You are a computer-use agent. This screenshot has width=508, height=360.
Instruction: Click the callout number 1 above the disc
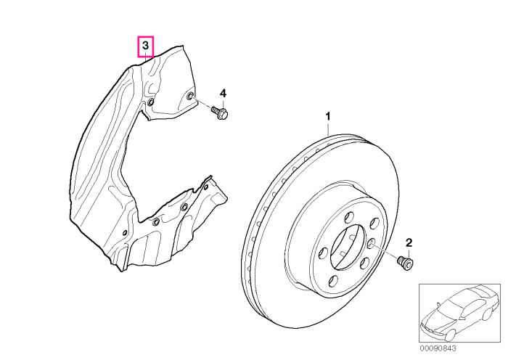coord(328,116)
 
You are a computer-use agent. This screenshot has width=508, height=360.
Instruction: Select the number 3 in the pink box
coord(145,46)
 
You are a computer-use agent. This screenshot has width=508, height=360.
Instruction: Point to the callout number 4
coord(223,94)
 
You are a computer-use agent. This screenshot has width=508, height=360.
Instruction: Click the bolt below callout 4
coord(220,112)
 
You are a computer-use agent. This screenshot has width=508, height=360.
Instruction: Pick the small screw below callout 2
coord(406,262)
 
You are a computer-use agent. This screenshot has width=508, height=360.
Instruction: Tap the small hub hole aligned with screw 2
coord(372,242)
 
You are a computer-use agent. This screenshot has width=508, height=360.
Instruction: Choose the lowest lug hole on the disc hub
coord(332,280)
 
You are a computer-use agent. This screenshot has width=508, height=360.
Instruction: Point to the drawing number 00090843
coord(438,348)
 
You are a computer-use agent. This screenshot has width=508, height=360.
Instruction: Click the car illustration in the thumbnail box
coord(459,312)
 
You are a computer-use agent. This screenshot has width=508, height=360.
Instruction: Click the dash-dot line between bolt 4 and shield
coord(203,103)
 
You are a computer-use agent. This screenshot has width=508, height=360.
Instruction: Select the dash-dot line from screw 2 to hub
coord(385,250)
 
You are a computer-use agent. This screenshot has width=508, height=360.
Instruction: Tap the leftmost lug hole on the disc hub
coord(324,253)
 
